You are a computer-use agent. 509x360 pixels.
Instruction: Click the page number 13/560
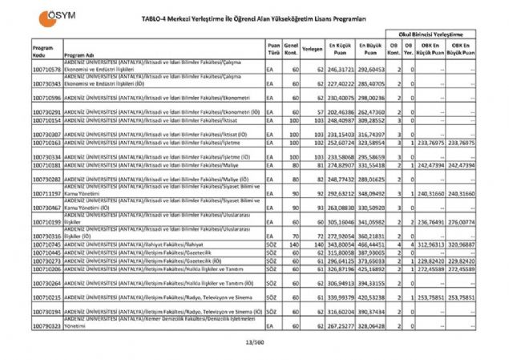pos(255,343)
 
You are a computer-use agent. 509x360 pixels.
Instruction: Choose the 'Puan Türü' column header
pos(274,48)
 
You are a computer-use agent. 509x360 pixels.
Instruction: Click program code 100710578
pos(47,70)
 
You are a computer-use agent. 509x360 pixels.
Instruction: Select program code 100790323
pos(47,327)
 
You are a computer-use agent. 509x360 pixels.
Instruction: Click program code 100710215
pos(47,297)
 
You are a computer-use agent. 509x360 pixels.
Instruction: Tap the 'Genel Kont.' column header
pos(291,48)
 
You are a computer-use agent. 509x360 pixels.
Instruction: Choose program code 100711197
pos(47,193)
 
